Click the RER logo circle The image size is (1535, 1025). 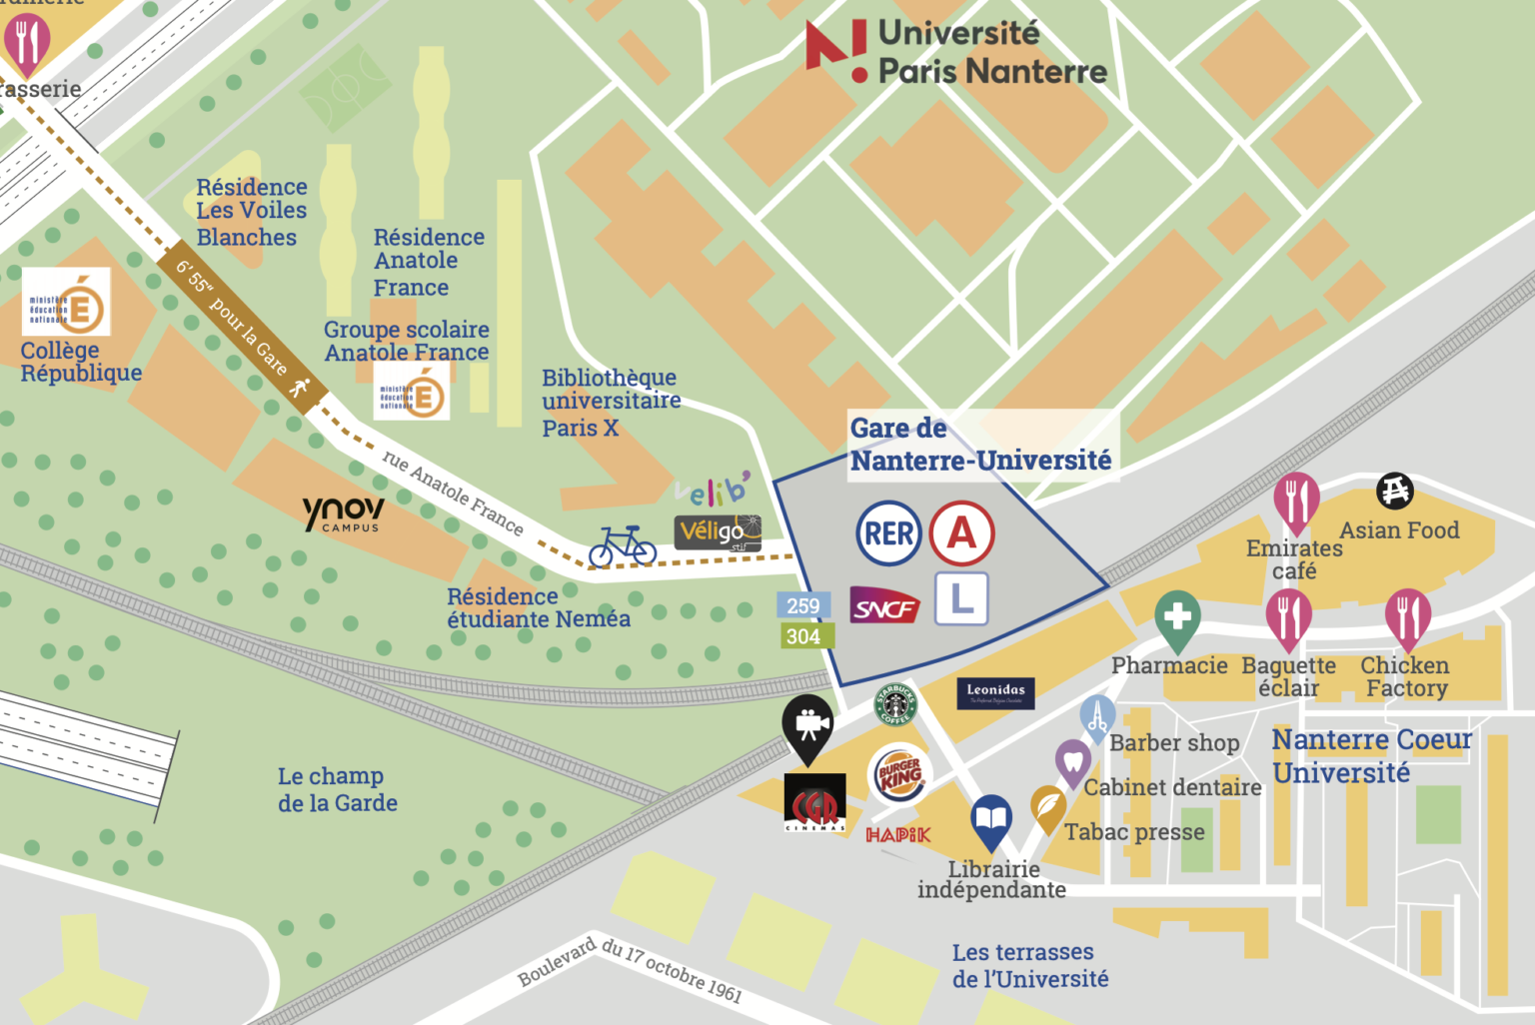click(888, 533)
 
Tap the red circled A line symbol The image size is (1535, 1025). click(961, 533)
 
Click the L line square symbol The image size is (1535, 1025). click(961, 598)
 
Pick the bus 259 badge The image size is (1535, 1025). click(803, 605)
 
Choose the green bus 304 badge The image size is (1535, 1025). click(803, 636)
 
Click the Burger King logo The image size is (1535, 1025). click(899, 775)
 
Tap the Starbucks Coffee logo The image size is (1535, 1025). click(895, 704)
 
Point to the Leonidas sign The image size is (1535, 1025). click(995, 692)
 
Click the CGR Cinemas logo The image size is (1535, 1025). click(814, 803)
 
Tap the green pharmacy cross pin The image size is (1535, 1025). click(1177, 617)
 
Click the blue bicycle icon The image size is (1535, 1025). click(623, 546)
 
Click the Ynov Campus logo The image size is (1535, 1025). click(343, 513)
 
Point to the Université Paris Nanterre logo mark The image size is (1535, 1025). click(836, 49)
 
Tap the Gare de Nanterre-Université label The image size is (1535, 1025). click(980, 445)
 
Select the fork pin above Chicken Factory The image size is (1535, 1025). click(1407, 617)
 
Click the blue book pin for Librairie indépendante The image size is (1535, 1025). click(991, 821)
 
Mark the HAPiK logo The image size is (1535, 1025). click(897, 835)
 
